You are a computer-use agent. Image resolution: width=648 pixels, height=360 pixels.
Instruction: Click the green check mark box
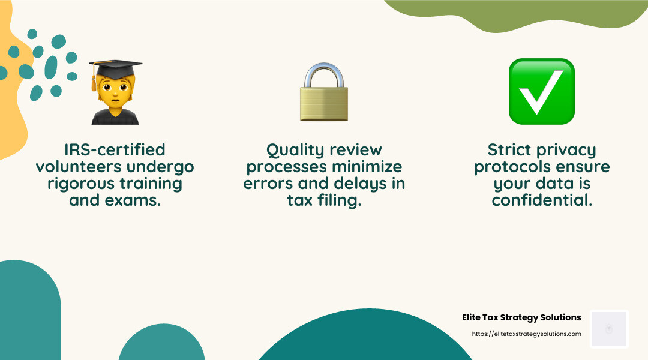click(x=541, y=92)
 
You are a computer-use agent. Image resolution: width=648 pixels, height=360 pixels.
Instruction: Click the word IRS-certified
click(x=115, y=149)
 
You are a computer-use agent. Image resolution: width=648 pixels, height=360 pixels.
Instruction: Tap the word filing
click(x=340, y=200)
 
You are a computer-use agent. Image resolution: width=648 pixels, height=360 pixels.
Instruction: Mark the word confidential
click(x=542, y=200)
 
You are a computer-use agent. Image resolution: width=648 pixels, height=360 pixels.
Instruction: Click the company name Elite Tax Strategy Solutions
click(x=521, y=317)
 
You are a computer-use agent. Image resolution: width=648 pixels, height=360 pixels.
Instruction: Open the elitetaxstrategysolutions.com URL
click(x=526, y=334)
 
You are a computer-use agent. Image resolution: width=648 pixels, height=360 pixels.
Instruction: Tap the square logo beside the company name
click(x=608, y=329)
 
